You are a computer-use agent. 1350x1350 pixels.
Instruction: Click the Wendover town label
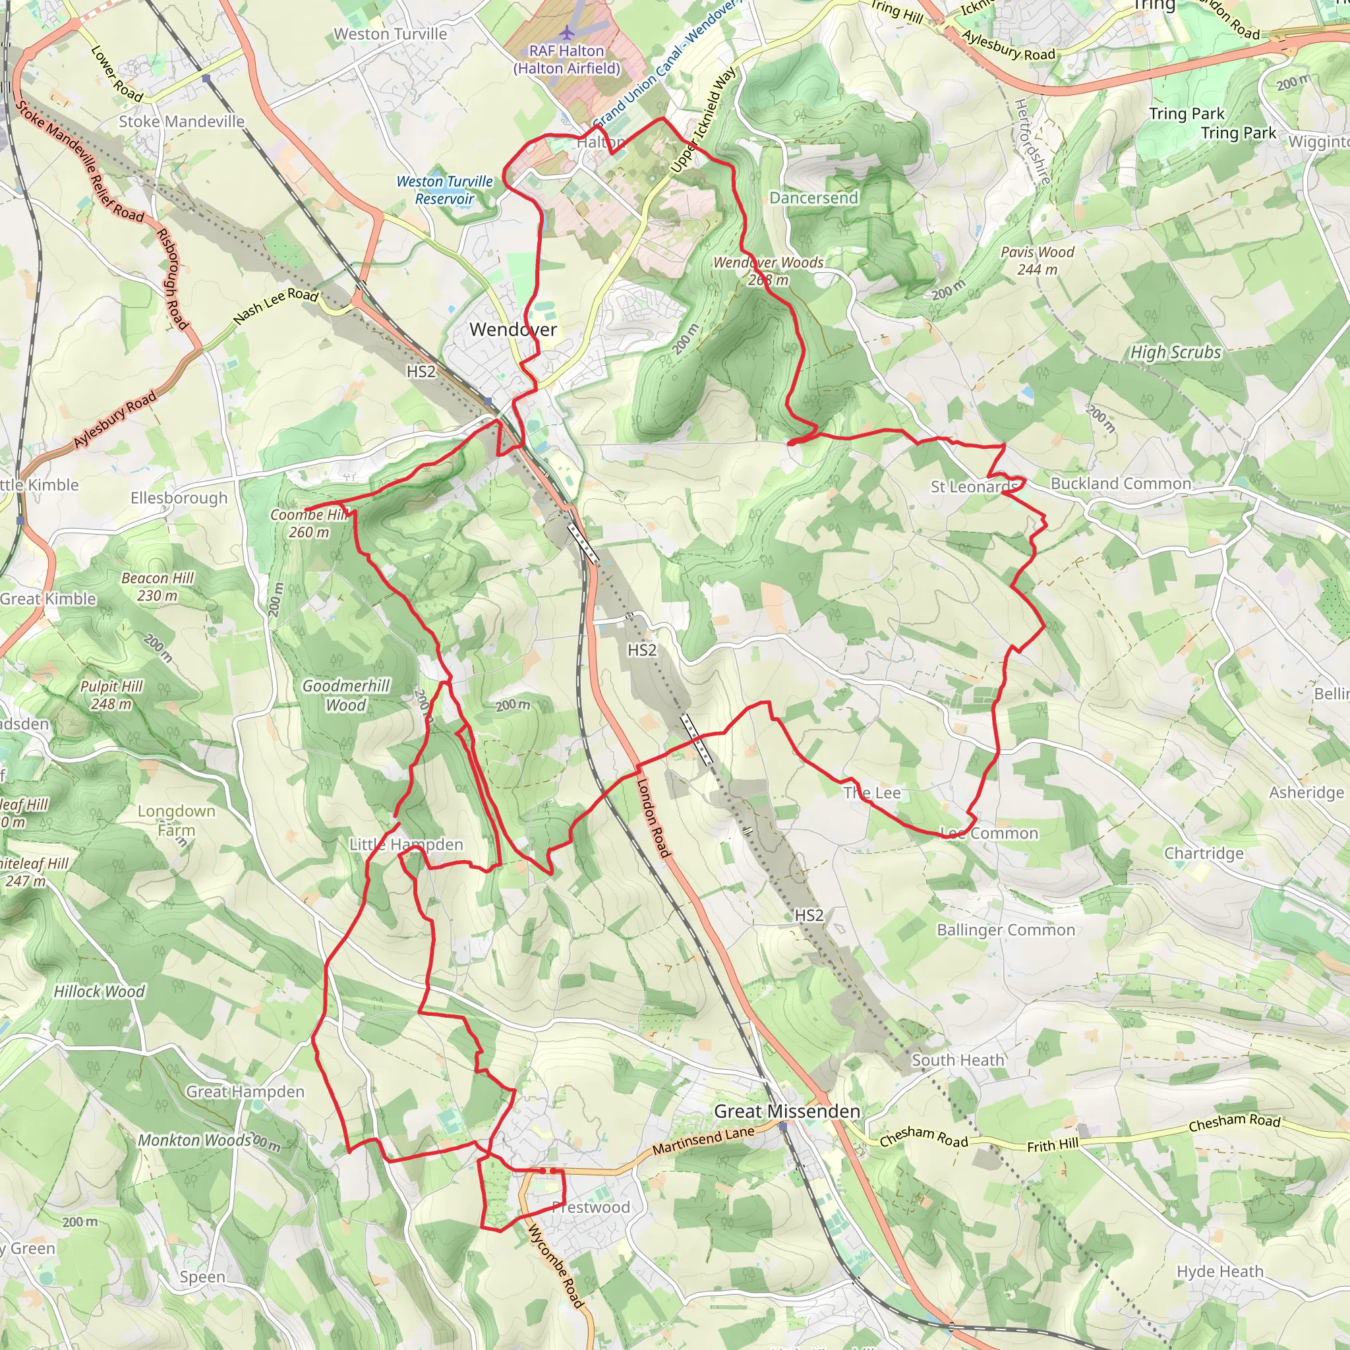(513, 329)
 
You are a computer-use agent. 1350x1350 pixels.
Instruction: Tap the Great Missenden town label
(787, 1111)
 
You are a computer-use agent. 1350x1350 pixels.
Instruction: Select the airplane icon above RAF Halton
(568, 32)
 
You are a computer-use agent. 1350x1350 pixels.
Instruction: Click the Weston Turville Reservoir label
(444, 190)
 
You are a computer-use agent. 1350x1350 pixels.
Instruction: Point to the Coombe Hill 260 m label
(309, 523)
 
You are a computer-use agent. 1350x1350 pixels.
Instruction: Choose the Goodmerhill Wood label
(346, 695)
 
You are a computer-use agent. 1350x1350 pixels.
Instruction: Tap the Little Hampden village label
(406, 844)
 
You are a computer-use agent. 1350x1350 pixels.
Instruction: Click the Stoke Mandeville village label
(182, 121)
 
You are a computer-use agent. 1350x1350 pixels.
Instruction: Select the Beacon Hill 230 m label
(158, 587)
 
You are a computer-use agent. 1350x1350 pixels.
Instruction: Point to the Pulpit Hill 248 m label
(111, 695)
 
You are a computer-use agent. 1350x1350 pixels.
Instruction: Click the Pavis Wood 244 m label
(1037, 260)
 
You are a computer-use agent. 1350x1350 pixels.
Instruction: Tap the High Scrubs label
(1175, 352)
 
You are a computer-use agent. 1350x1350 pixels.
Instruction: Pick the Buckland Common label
(1121, 484)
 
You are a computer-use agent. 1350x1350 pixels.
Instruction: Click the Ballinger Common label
(1005, 930)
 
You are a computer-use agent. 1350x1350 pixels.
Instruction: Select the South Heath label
(958, 1060)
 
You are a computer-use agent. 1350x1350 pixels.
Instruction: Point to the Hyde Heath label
(1220, 1271)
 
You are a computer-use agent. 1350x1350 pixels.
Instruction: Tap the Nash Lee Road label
(276, 305)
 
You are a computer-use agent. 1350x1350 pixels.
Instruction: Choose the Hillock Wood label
(100, 991)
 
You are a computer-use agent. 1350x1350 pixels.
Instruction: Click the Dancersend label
(813, 198)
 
